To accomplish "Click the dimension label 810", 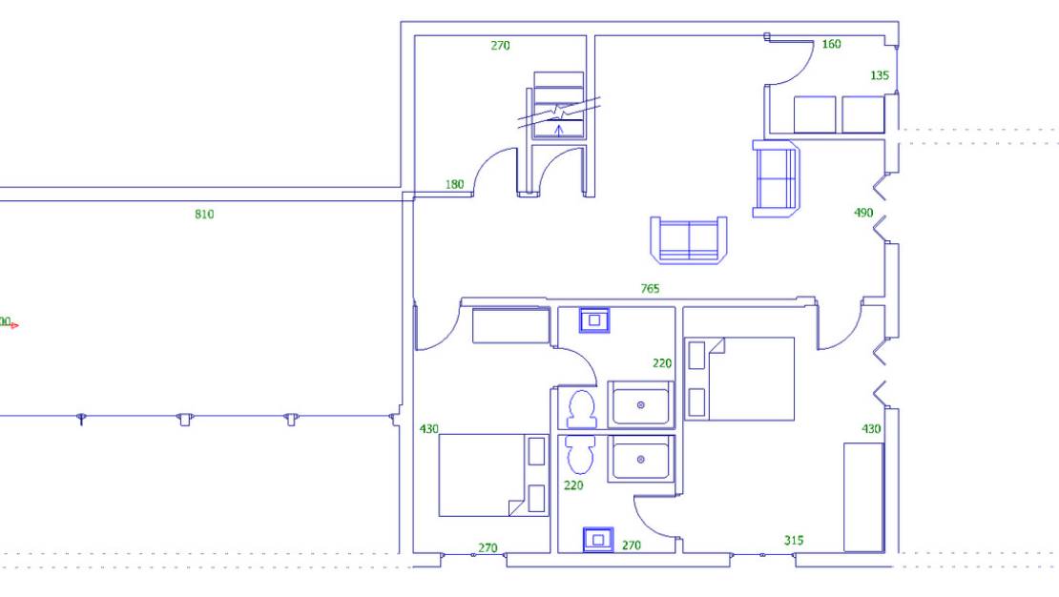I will pos(204,215).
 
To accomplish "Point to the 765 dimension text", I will pos(650,289).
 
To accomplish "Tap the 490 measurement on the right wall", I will pos(863,213).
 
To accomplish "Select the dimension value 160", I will pos(831,44).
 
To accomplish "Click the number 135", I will pos(880,75).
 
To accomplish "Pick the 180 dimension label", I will pos(454,184).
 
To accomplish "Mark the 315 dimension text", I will pos(793,541).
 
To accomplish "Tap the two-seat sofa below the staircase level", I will pos(688,238).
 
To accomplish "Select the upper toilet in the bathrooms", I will pos(581,408).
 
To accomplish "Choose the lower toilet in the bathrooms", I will pos(579,455).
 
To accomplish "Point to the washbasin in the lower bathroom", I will pos(597,540).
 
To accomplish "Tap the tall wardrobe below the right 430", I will pos(863,497).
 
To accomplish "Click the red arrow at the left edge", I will pos(14,325).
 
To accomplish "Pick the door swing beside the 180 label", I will pos(496,172).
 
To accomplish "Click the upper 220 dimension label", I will pos(662,363).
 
